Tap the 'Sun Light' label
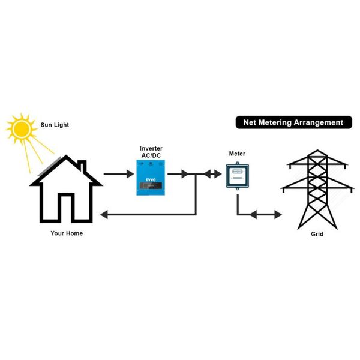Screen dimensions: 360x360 55,125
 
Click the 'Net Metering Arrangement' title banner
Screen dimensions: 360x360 293,122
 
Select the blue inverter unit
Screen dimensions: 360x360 151,178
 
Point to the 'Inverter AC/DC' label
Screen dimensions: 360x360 151,152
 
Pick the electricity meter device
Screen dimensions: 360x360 238,176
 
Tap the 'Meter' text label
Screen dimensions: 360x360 237,154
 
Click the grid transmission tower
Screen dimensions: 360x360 316,186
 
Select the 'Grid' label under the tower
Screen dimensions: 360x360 317,234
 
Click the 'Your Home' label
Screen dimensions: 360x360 67,233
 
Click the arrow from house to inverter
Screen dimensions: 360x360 118,174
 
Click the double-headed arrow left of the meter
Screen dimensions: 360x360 212,174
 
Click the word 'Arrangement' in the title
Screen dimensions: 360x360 319,122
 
